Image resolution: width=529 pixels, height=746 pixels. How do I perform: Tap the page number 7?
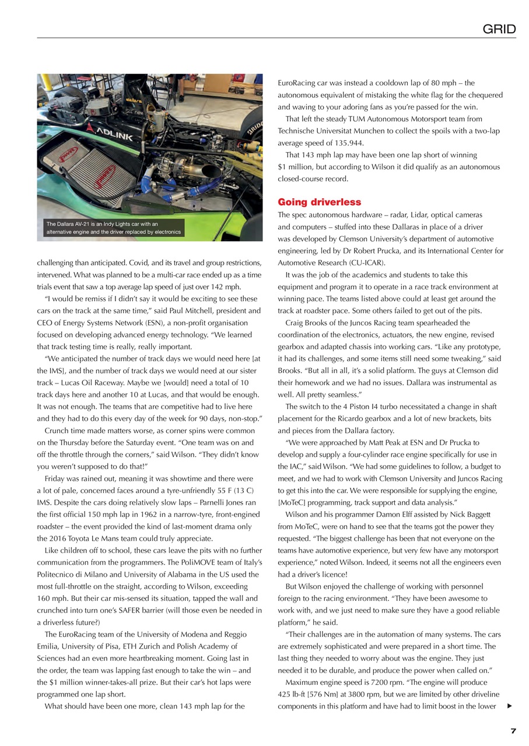(513, 731)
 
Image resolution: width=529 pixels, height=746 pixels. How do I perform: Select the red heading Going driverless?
(319, 202)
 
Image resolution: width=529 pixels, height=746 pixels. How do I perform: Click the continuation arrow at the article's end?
(510, 706)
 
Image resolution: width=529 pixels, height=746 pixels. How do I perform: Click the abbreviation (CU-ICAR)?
(360, 263)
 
